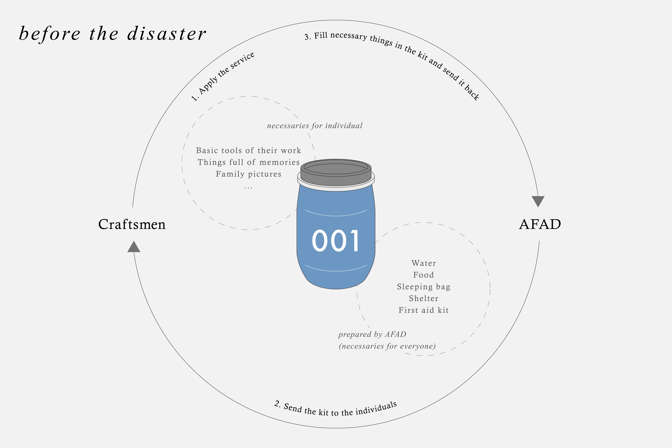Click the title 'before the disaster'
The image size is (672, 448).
point(112,34)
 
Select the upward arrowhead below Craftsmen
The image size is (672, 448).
point(134,247)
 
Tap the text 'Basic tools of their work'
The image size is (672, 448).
point(248,151)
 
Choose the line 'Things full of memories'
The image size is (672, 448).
point(248,162)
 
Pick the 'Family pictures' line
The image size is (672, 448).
point(248,174)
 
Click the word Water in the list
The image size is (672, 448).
point(423,263)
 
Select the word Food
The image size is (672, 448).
point(423,275)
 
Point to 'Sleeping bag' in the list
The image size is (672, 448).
point(423,287)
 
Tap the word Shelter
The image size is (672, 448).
point(423,298)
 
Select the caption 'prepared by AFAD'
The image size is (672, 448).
point(372,334)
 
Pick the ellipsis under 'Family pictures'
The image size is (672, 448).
point(248,188)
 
